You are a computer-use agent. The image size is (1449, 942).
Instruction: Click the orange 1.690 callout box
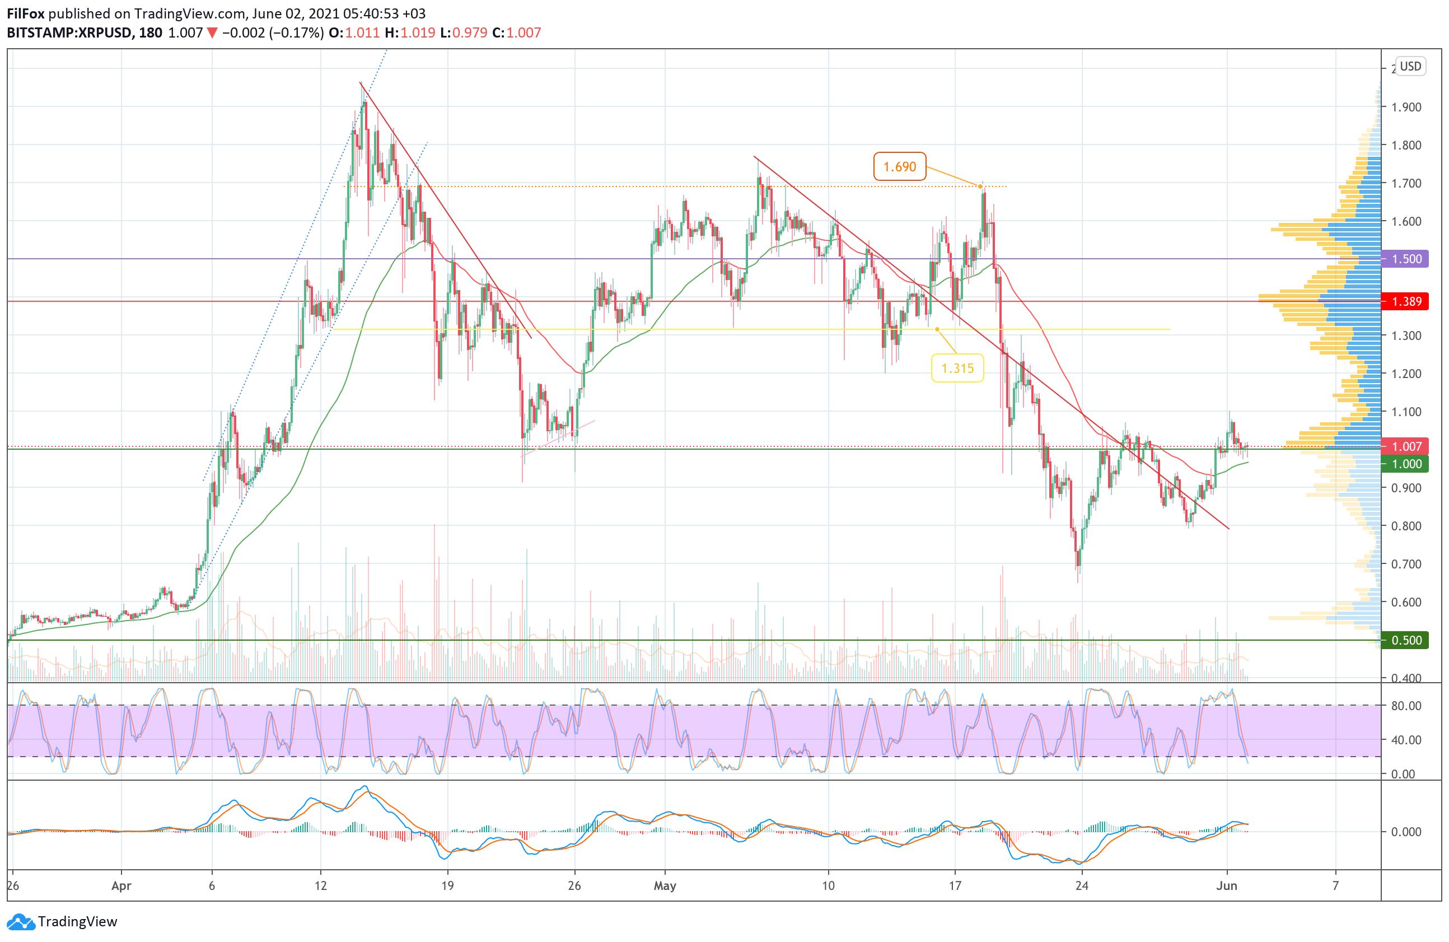[899, 166]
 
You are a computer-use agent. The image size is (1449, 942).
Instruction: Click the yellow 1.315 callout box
[957, 368]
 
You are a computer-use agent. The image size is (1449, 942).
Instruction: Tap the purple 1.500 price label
[1406, 259]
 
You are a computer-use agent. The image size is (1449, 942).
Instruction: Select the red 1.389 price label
[1406, 301]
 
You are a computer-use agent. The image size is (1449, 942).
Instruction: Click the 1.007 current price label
[1406, 446]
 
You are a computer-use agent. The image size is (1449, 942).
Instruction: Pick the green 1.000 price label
[1406, 464]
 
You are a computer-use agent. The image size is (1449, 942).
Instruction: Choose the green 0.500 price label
[1406, 640]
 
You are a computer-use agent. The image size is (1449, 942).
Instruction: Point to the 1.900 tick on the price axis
[1406, 107]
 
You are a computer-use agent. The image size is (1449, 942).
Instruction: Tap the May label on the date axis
[664, 885]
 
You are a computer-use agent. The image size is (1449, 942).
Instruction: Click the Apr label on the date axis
[121, 885]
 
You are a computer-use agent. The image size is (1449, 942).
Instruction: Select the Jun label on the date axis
[1226, 885]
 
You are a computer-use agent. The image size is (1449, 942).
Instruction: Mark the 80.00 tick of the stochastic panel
[1406, 706]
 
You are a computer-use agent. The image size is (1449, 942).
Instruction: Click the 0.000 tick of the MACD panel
[1406, 832]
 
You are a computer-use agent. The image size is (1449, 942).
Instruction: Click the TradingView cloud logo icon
[21, 922]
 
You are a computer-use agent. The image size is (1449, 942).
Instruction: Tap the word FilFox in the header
[26, 13]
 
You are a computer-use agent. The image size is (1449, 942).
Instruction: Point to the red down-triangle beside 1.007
[212, 33]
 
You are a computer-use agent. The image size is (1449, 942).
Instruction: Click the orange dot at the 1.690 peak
[980, 186]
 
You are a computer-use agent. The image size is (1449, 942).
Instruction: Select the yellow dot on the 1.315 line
[937, 329]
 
